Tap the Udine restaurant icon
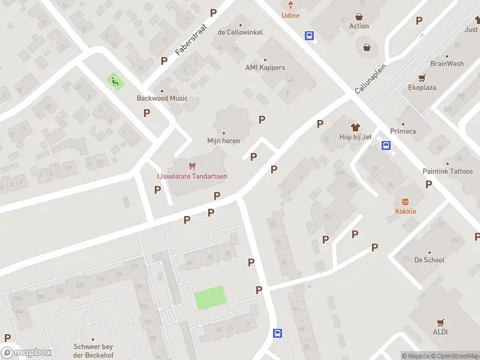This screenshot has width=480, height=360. click(x=290, y=6)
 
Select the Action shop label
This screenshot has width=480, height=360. click(x=359, y=26)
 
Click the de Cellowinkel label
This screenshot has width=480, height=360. click(x=240, y=32)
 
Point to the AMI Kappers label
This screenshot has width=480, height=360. click(x=265, y=68)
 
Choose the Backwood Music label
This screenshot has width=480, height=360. click(x=162, y=98)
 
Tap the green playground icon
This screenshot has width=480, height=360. click(x=115, y=81)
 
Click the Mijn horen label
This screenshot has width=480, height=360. click(x=224, y=141)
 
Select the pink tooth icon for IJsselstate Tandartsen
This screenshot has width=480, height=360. click(x=192, y=166)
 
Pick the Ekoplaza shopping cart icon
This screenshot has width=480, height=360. click(x=422, y=78)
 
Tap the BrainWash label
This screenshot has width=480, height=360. click(x=447, y=64)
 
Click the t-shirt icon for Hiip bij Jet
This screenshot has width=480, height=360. click(x=355, y=127)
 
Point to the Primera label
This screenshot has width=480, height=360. click(x=403, y=131)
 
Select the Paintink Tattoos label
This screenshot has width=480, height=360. click(x=448, y=172)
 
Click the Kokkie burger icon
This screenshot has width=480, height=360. click(x=406, y=202)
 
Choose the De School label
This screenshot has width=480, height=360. click(x=430, y=260)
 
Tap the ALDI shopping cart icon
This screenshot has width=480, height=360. click(x=441, y=322)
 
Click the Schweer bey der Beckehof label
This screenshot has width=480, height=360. click(x=93, y=351)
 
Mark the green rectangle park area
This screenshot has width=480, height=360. click(x=210, y=298)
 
